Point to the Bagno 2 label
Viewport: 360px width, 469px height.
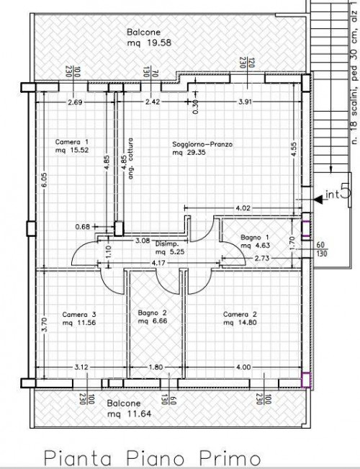[x=153, y=319]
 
